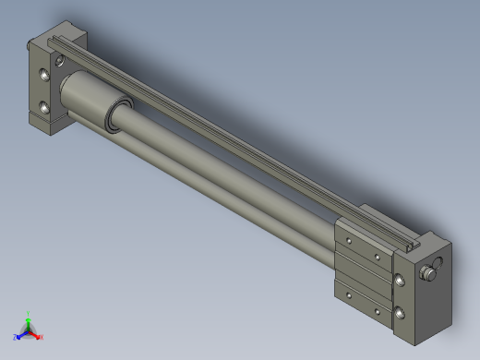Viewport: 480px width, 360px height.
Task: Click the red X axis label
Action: [41, 337]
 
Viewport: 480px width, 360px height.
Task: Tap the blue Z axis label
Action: [17, 337]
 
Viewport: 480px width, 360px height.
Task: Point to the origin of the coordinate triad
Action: [29, 330]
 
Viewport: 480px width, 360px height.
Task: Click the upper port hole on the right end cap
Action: [399, 280]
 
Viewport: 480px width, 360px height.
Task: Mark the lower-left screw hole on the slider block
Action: [348, 294]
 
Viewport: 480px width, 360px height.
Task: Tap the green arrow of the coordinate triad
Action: [30, 320]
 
